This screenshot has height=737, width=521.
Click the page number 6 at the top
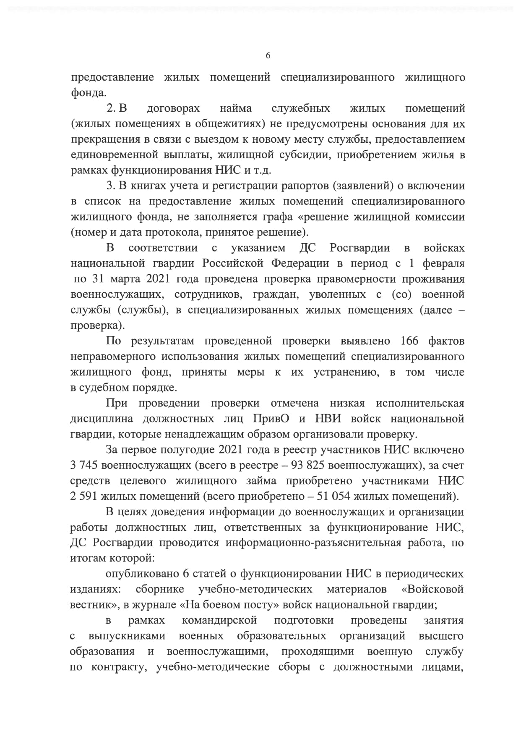(x=268, y=56)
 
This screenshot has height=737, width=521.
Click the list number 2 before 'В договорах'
(x=111, y=108)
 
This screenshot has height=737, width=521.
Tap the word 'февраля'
(x=443, y=263)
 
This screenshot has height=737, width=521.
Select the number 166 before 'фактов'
(x=409, y=341)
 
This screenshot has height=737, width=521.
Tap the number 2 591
(x=84, y=496)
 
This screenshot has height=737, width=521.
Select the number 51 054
(x=333, y=496)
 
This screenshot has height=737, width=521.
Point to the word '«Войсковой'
(x=432, y=589)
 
